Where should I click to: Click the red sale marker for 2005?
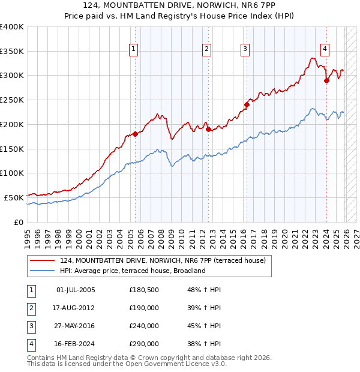pyautogui.click(x=135, y=134)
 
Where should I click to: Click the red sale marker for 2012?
pyautogui.click(x=208, y=129)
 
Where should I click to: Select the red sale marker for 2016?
pyautogui.click(x=247, y=104)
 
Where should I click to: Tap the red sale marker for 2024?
pyautogui.click(x=326, y=80)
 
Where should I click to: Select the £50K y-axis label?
pyautogui.click(x=14, y=197)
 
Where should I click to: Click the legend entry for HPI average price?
pyautogui.click(x=133, y=271)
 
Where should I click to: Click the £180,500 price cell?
pyautogui.click(x=144, y=290)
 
